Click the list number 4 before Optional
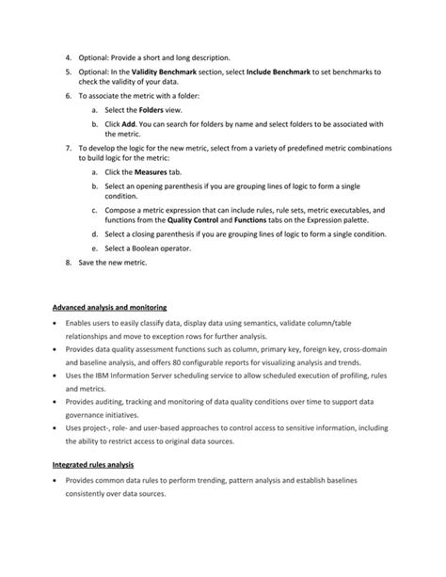click(x=69, y=58)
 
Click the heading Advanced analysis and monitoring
click(x=110, y=307)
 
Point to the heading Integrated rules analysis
click(x=94, y=464)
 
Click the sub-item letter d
click(x=95, y=234)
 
